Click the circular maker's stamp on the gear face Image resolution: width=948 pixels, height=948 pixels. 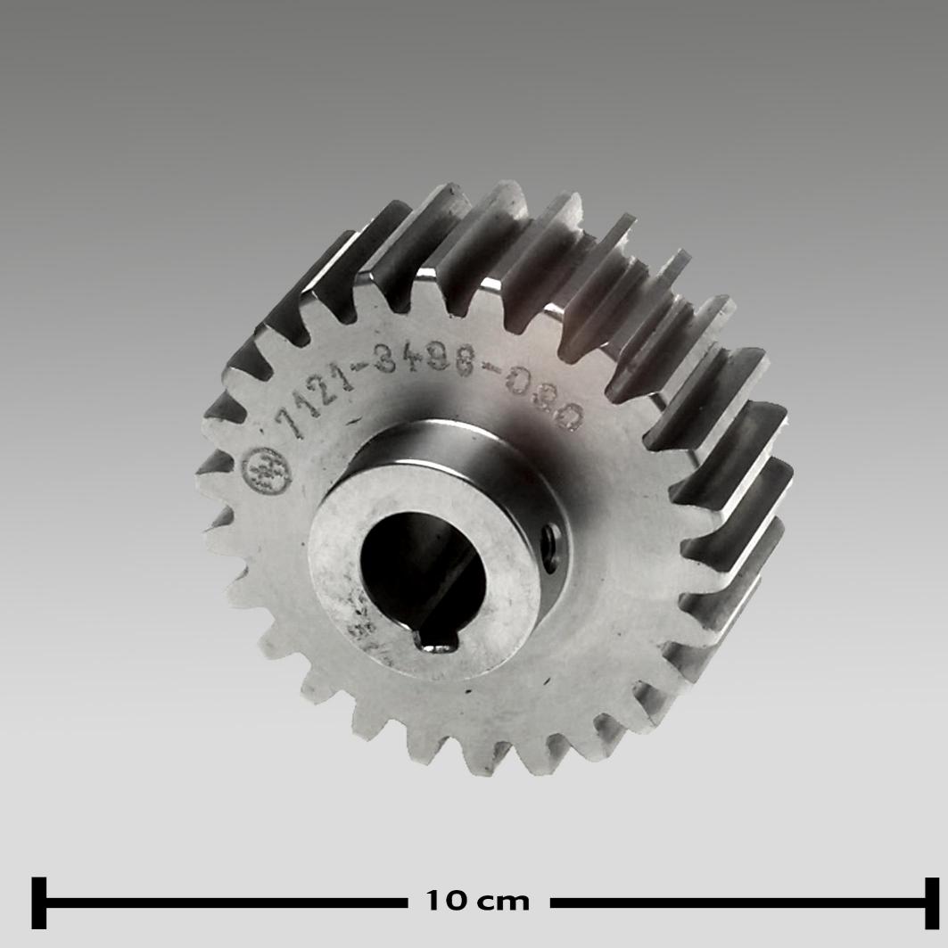[267, 471]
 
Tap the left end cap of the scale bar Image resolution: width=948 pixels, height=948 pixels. [38, 903]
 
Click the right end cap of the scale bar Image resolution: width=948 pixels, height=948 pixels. [932, 903]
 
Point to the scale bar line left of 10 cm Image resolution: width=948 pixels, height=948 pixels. [223, 903]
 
